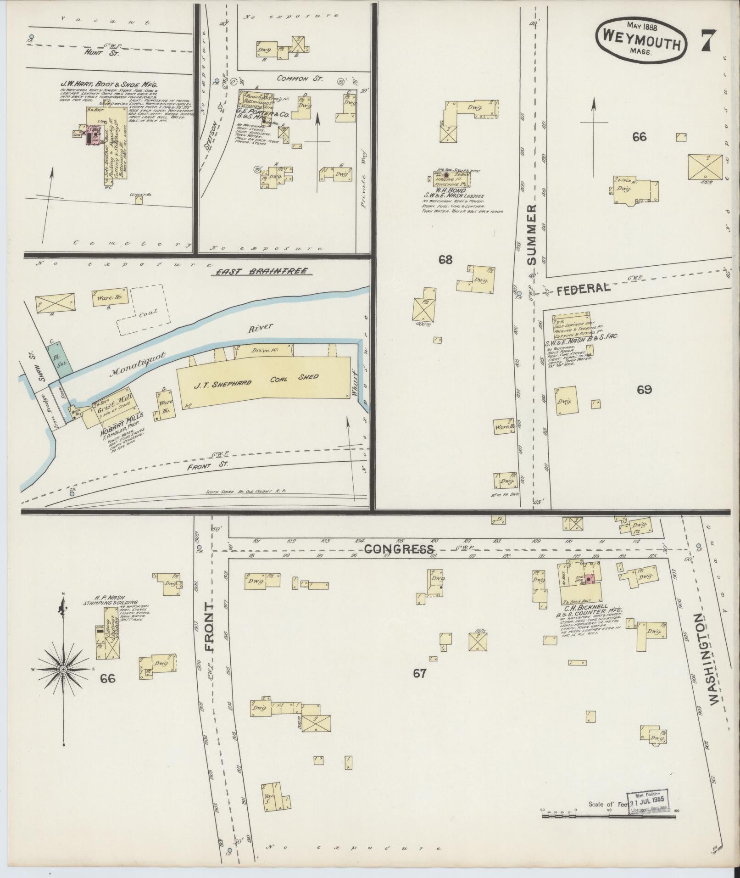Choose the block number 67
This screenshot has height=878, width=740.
pos(420,673)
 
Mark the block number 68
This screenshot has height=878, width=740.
pos(445,260)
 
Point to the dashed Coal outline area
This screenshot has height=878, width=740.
pos(141,309)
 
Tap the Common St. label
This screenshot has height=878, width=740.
pos(299,78)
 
